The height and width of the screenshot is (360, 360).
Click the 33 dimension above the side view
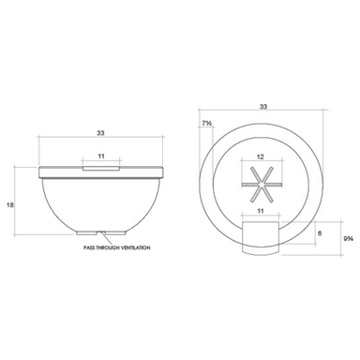(x=100, y=133)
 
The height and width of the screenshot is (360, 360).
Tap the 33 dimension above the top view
(x=263, y=107)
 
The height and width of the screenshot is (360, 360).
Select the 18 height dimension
(x=10, y=205)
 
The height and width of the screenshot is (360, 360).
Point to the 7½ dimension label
(x=206, y=124)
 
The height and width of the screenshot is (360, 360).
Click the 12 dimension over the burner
(x=260, y=157)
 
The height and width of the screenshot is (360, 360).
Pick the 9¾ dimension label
(x=349, y=239)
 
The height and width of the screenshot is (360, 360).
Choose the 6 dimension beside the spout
(x=320, y=233)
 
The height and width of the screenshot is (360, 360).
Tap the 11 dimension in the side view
(x=101, y=156)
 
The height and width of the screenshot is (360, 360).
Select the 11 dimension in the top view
(x=261, y=211)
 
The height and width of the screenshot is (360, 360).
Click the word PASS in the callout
(x=89, y=247)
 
